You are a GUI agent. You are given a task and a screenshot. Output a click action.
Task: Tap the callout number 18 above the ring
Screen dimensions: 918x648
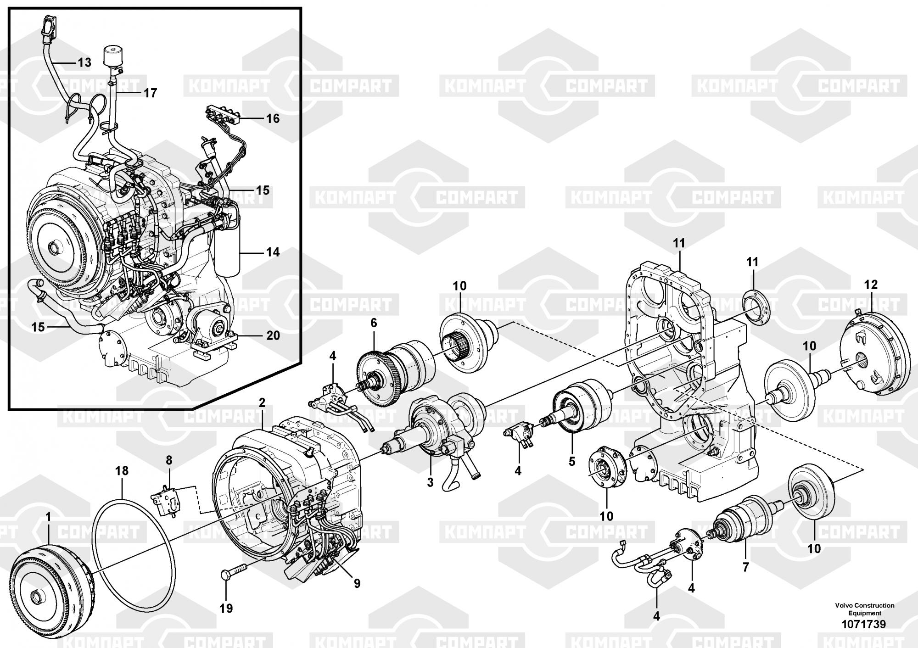(122, 471)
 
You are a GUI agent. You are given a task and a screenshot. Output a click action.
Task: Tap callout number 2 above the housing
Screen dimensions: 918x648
(262, 403)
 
